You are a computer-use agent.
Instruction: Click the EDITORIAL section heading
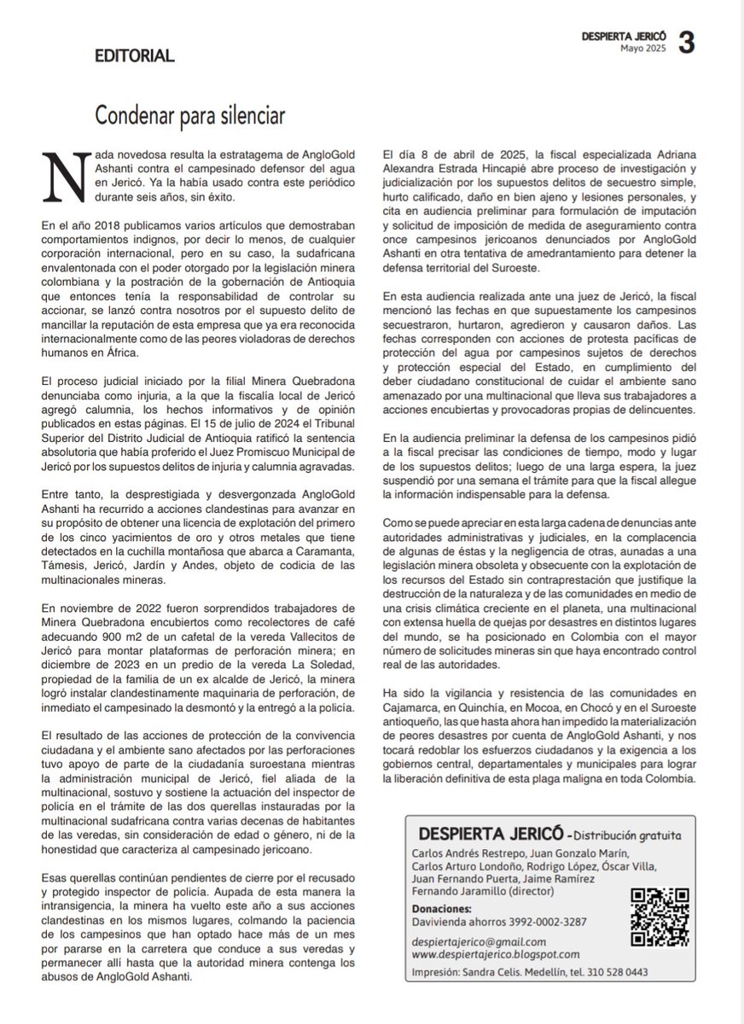pyautogui.click(x=135, y=56)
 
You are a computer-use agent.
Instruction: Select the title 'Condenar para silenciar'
pyautogui.click(x=189, y=113)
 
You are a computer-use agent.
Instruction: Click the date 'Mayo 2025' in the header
pyautogui.click(x=642, y=49)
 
